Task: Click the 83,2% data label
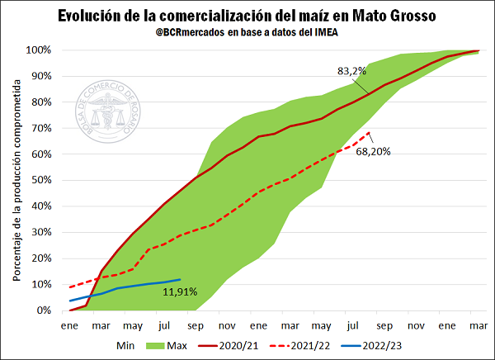[x=351, y=70]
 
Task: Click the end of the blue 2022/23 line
[x=180, y=279]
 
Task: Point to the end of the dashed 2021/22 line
[x=370, y=132]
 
